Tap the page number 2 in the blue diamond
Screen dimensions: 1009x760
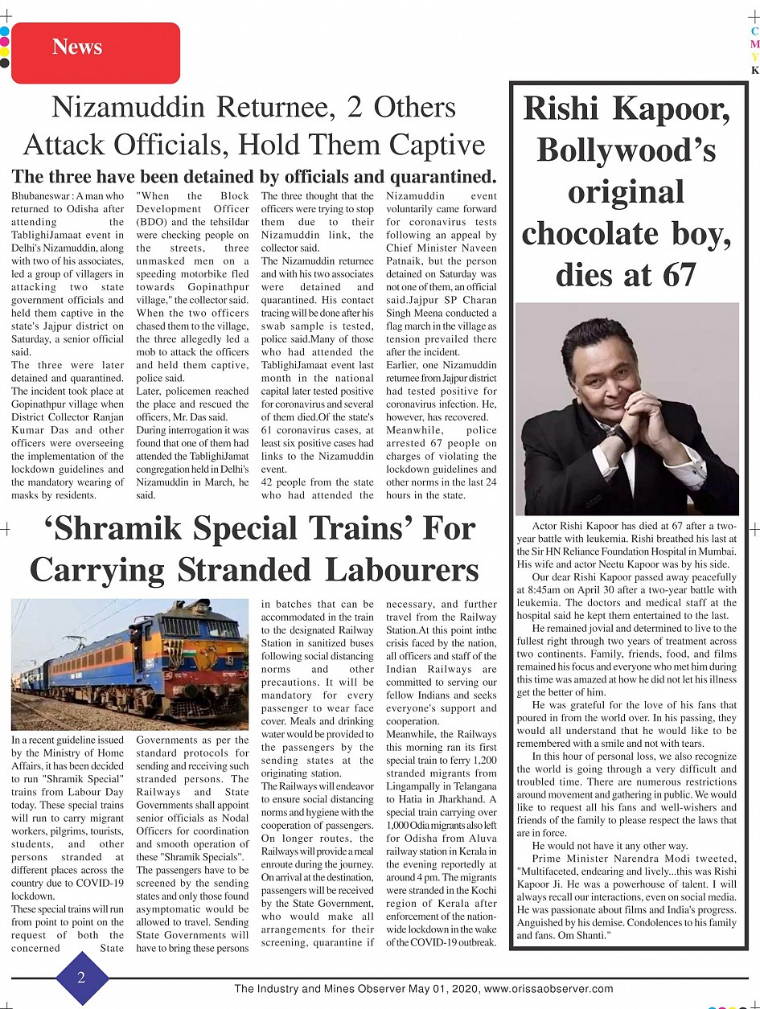point(81,978)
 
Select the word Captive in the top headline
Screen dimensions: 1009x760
point(437,145)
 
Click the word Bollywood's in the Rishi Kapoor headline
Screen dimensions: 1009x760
point(626,150)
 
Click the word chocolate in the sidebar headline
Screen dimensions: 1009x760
point(602,234)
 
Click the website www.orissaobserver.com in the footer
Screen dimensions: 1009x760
point(548,989)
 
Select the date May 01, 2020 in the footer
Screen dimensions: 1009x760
point(445,989)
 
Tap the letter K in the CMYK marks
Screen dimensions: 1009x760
point(754,70)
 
